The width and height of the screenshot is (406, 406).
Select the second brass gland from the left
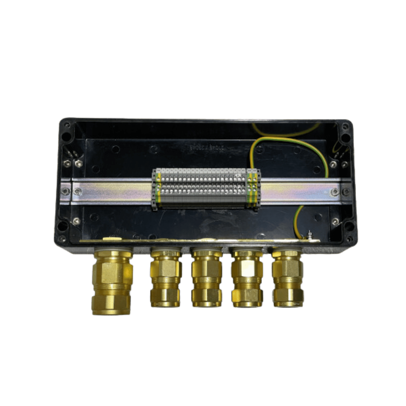tap(166, 278)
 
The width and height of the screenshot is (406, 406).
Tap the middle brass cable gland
tap(206, 278)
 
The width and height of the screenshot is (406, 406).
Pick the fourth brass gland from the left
tap(247, 278)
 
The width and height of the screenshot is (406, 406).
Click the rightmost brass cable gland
tap(288, 278)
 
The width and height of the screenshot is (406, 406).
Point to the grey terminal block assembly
tap(206, 188)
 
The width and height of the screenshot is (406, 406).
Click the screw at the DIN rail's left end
tap(77, 192)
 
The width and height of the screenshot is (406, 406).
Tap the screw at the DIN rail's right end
tap(334, 192)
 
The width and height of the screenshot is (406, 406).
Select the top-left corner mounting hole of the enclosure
tap(67, 136)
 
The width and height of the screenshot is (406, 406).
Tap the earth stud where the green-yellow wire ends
tap(309, 235)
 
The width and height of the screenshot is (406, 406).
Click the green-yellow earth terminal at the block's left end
tap(159, 188)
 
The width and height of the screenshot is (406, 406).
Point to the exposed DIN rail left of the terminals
tap(113, 192)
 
